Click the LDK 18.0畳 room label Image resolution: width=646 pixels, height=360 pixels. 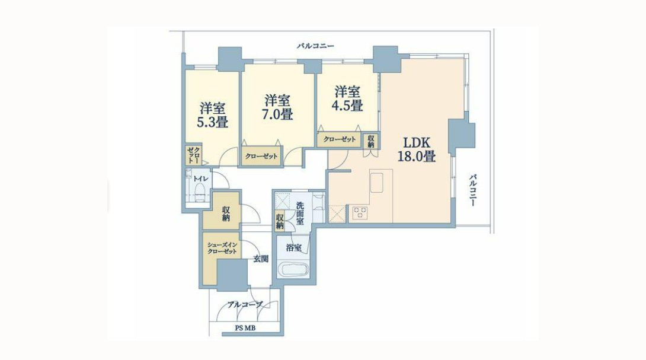point(417,149)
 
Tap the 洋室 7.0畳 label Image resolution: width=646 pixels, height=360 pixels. point(278,107)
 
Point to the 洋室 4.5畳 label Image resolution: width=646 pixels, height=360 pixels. point(347,98)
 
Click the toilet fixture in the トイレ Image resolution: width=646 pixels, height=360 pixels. point(200,193)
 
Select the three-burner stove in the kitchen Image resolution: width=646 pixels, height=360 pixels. point(360,213)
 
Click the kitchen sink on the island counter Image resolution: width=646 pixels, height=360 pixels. point(377,183)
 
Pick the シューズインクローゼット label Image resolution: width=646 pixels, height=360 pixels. point(222,247)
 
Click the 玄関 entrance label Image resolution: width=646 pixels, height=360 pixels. point(261,259)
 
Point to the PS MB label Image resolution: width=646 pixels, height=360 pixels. point(245,328)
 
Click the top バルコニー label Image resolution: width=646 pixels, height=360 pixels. point(315,46)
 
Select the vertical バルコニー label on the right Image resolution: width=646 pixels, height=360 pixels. point(473,190)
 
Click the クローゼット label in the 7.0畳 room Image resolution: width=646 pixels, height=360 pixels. point(261,157)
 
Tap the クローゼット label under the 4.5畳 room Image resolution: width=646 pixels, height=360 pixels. point(339,139)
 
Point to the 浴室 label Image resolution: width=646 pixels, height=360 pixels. point(294,249)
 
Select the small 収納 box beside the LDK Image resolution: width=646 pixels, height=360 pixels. point(371,141)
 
